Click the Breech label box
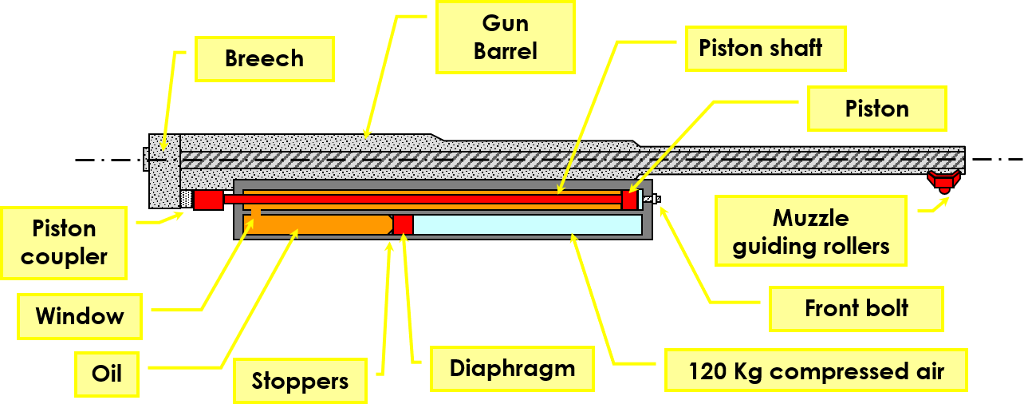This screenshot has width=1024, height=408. click(264, 59)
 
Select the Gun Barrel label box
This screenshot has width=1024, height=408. click(505, 37)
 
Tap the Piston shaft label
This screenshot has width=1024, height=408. click(760, 48)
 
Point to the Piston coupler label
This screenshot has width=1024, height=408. click(64, 243)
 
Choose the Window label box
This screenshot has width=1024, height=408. click(80, 316)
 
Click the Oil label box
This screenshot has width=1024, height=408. click(107, 372)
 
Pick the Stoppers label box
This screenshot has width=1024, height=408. click(300, 381)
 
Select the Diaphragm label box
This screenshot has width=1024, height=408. click(512, 368)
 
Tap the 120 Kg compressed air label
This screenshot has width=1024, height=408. click(816, 370)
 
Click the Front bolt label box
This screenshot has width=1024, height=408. click(856, 308)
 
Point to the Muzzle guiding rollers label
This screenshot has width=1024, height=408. click(810, 232)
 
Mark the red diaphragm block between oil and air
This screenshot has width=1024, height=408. click(403, 224)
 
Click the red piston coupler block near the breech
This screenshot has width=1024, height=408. click(208, 200)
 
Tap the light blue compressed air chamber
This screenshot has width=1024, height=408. click(526, 224)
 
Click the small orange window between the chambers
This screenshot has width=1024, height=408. click(256, 211)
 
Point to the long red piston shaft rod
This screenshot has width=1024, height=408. click(423, 199)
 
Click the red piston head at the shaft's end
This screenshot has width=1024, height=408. click(629, 200)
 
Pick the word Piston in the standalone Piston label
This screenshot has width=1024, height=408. click(876, 109)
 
